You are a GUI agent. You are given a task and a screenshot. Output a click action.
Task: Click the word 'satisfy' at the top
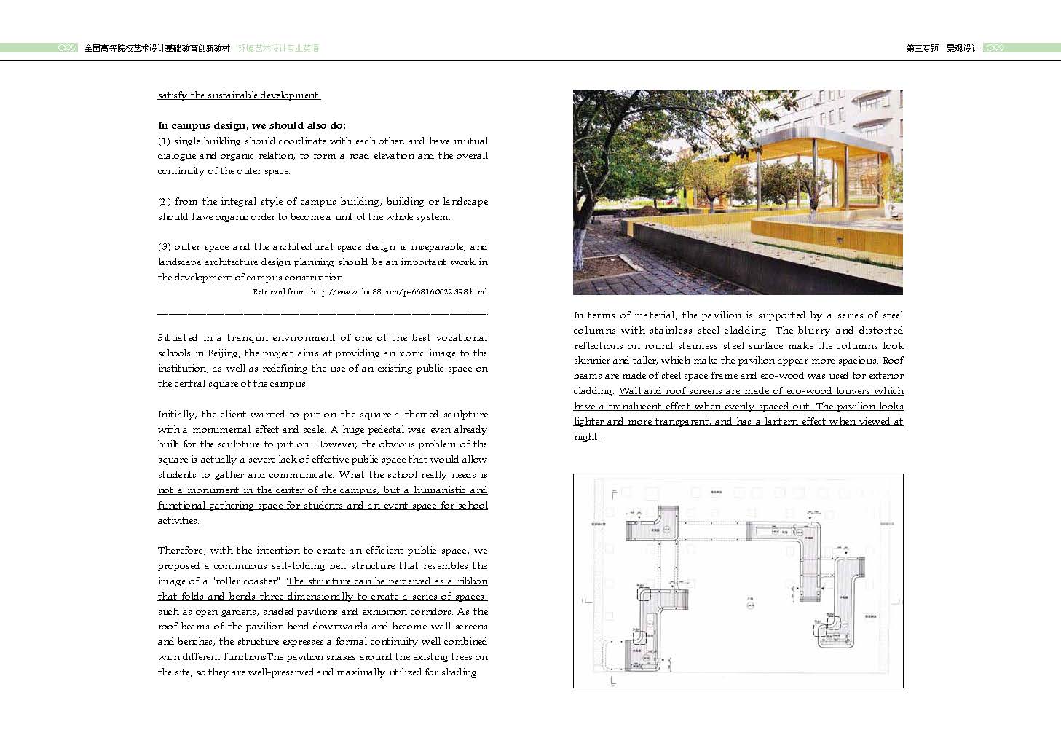pos(172,95)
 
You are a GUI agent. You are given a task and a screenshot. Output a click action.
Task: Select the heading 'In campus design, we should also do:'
pos(252,125)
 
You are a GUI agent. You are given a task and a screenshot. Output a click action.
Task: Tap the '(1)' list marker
pos(164,141)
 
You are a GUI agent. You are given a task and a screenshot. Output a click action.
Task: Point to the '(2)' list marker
pos(165,202)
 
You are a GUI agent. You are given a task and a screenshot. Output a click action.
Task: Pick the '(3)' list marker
pos(164,247)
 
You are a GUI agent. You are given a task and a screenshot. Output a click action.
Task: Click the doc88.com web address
pos(399,292)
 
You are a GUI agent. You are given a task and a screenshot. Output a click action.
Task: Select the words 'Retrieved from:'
pos(280,292)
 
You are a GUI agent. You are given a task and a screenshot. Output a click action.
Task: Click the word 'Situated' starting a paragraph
pos(178,338)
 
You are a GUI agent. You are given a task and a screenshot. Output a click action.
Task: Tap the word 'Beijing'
pos(223,353)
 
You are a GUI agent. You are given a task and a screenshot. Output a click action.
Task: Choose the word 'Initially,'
pos(177,415)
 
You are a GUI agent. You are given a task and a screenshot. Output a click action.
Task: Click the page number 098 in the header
pos(67,48)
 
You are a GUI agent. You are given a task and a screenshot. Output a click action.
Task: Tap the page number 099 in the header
pos(995,48)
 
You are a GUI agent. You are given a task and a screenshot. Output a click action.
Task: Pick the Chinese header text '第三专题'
pos(922,49)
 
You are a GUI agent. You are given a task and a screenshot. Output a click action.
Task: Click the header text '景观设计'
pos(963,49)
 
